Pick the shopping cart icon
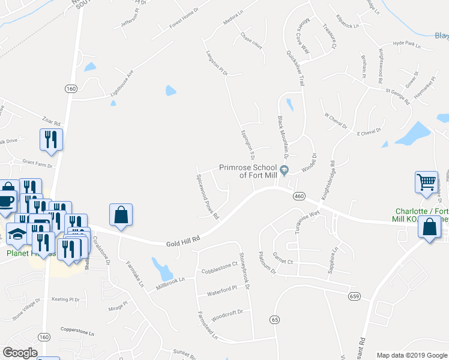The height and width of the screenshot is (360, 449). pyautogui.click(x=426, y=182)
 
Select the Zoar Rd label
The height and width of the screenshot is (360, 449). pyautogui.click(x=52, y=122)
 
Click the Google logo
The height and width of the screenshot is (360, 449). pyautogui.click(x=20, y=353)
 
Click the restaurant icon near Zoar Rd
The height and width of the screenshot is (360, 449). pyautogui.click(x=50, y=139)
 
